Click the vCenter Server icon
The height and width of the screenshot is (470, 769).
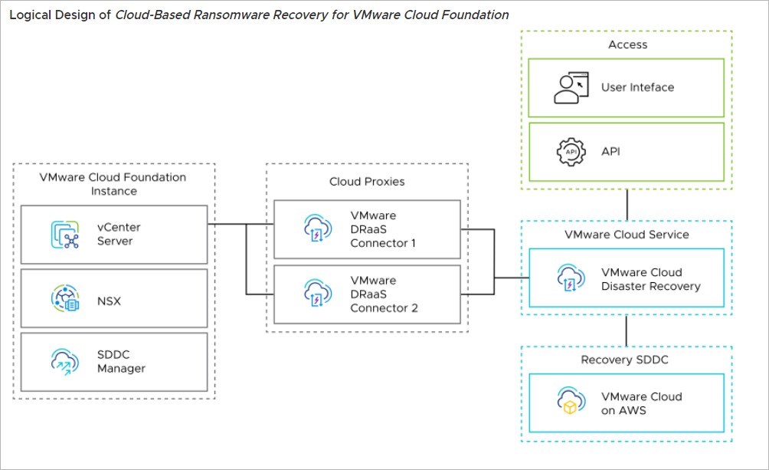tap(66, 234)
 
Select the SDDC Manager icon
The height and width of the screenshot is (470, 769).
tap(66, 361)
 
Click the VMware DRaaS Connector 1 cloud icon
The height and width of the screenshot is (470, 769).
tap(318, 228)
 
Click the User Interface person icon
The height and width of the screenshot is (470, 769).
tap(571, 87)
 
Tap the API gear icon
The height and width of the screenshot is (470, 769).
tap(571, 151)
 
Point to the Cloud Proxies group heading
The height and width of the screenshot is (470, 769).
tap(367, 182)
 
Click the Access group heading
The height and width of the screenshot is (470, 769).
tap(627, 44)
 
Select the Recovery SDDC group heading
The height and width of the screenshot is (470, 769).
tap(627, 360)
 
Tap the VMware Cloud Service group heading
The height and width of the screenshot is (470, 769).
tap(627, 235)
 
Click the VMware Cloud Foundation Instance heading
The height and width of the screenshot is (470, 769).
tap(113, 183)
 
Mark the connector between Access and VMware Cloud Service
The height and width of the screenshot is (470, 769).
tap(627, 205)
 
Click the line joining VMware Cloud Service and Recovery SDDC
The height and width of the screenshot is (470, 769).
tap(627, 330)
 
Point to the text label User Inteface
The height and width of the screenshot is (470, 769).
tap(637, 87)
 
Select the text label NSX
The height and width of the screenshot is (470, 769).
tap(109, 301)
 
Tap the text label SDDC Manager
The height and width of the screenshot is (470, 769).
tap(121, 362)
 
